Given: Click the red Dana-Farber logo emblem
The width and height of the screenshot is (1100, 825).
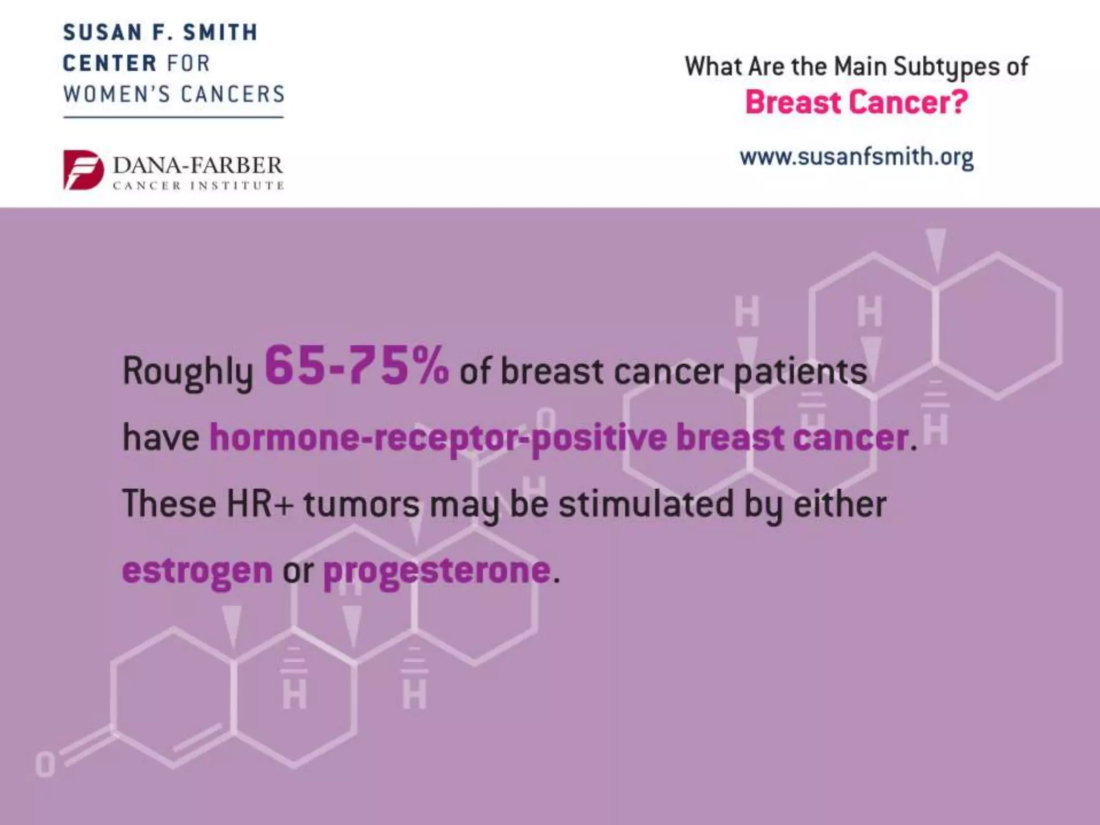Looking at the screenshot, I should click(83, 170).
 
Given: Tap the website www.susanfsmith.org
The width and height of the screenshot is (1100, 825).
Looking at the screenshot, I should click(856, 157).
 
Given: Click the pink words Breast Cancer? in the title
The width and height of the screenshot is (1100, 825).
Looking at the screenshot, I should click(856, 103).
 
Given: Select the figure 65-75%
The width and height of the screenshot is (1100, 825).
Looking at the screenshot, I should click(357, 367).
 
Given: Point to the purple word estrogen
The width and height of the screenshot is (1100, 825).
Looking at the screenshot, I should click(197, 571).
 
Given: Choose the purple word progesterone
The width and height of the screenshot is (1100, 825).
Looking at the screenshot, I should click(437, 571).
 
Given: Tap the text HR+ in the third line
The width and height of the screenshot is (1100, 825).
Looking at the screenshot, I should click(259, 504).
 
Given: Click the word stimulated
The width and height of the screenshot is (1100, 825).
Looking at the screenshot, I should click(646, 504).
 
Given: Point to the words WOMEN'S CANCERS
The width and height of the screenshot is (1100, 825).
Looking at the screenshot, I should click(173, 95).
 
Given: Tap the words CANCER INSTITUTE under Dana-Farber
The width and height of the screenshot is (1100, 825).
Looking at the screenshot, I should click(198, 186).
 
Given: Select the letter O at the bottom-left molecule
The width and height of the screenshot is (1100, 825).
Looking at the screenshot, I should click(45, 765).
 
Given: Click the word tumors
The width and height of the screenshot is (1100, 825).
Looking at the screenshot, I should click(361, 504).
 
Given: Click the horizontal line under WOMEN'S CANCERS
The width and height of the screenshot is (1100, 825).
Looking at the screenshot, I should click(173, 116).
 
